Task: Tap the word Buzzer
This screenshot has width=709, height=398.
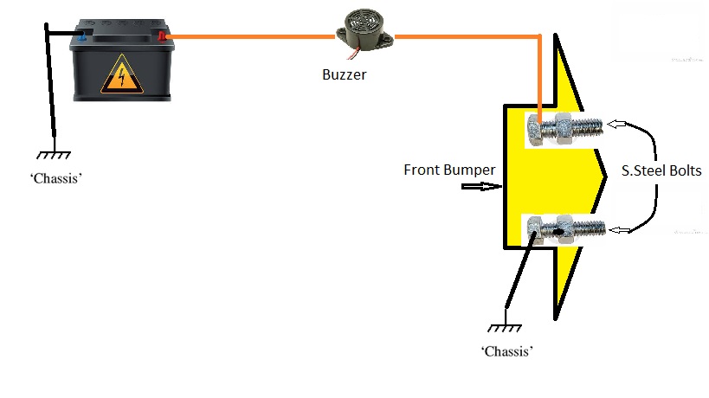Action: click(344, 74)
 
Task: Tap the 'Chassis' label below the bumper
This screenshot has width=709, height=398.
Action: click(506, 352)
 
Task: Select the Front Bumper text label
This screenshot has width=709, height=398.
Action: click(450, 170)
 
